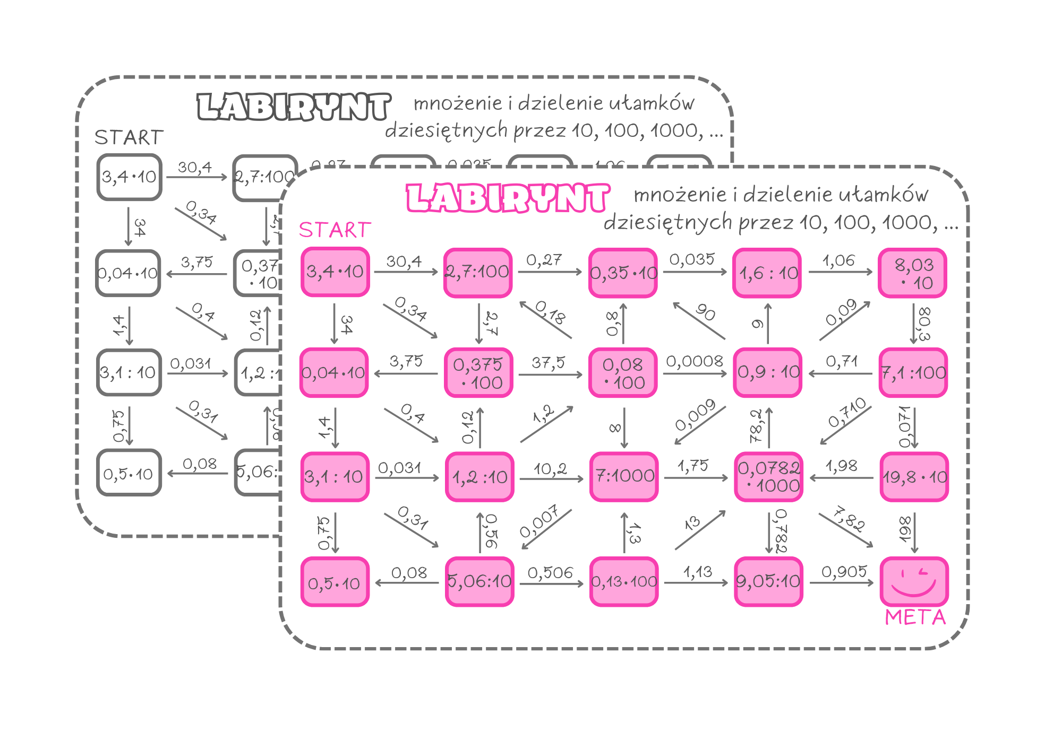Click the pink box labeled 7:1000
[x=624, y=476]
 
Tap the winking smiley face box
[x=914, y=582]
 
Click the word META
[x=915, y=617]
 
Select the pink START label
[x=335, y=230]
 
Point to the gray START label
[x=129, y=137]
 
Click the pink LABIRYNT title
[x=508, y=198]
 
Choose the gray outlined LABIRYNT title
[x=294, y=107]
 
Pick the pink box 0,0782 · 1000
[x=768, y=476]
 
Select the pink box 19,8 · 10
[x=914, y=477]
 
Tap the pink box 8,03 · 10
[x=913, y=273]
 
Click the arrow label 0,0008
[x=694, y=362]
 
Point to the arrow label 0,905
[x=843, y=572]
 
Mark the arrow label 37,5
[x=549, y=363]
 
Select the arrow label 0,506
[x=550, y=572]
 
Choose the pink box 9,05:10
[x=768, y=581]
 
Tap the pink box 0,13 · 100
[x=624, y=581]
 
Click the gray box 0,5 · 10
[x=129, y=473]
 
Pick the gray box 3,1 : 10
[x=129, y=372]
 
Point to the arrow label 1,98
[x=841, y=466]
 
